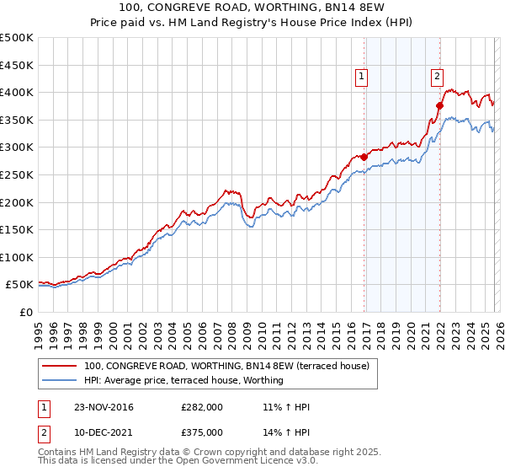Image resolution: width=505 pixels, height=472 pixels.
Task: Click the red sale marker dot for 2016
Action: pyautogui.click(x=364, y=157)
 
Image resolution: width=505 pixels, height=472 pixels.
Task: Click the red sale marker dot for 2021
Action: pyautogui.click(x=439, y=105)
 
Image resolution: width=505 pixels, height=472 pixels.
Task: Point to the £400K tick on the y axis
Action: pyautogui.click(x=17, y=93)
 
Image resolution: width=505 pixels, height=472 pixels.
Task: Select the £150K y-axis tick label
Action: pyautogui.click(x=17, y=229)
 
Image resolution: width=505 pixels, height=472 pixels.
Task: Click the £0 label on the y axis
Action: pyautogui.click(x=25, y=312)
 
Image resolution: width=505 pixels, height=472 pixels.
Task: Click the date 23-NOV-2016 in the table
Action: pyautogui.click(x=104, y=407)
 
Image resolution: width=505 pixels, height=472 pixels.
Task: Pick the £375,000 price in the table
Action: pyautogui.click(x=202, y=432)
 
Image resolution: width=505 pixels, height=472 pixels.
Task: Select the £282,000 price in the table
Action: pyautogui.click(x=202, y=407)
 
